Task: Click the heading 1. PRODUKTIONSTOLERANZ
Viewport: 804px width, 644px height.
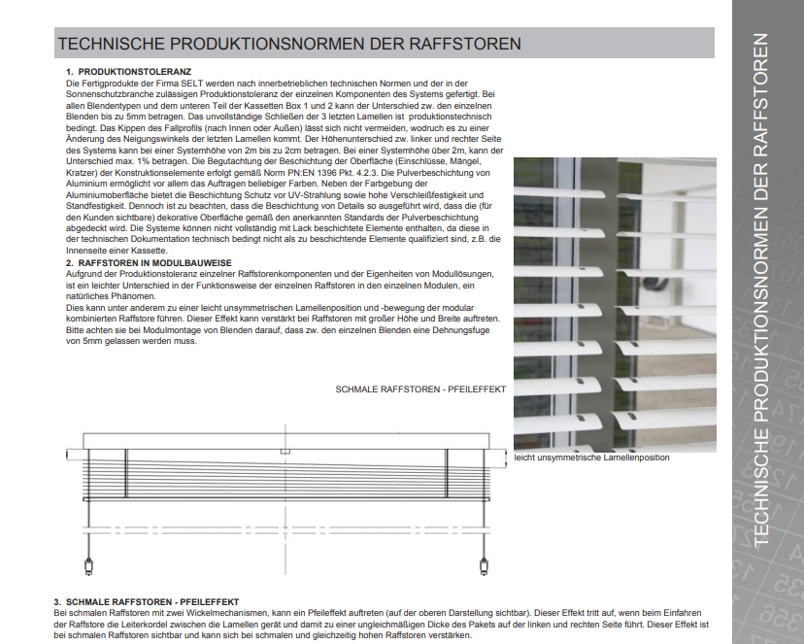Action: pyautogui.click(x=128, y=72)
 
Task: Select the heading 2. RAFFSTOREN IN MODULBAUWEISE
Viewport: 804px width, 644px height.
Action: pyautogui.click(x=149, y=263)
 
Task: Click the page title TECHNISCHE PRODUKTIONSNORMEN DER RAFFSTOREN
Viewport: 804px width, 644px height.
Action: pyautogui.click(x=289, y=44)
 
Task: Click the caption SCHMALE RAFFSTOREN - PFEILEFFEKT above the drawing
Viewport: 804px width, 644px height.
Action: pyautogui.click(x=419, y=390)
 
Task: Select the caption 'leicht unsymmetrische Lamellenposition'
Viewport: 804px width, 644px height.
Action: pyautogui.click(x=591, y=457)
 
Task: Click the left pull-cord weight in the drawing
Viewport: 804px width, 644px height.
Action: pyautogui.click(x=89, y=566)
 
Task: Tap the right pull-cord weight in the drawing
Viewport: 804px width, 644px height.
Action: pyautogui.click(x=485, y=566)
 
